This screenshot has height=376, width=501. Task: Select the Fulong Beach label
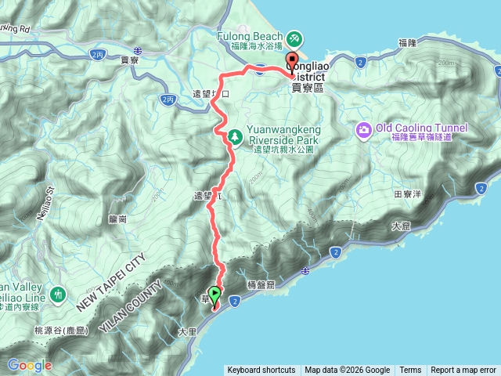[253, 36]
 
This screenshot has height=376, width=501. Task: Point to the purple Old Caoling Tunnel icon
[364, 128]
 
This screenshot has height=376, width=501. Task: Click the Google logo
[29, 365]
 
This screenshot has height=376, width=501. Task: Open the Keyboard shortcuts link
[261, 371]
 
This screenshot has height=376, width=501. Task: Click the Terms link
[410, 371]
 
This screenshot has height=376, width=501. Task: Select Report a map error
[463, 371]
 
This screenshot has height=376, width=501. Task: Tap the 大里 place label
[187, 332]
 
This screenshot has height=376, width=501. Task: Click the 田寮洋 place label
[407, 192]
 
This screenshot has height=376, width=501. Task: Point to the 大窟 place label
[400, 226]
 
